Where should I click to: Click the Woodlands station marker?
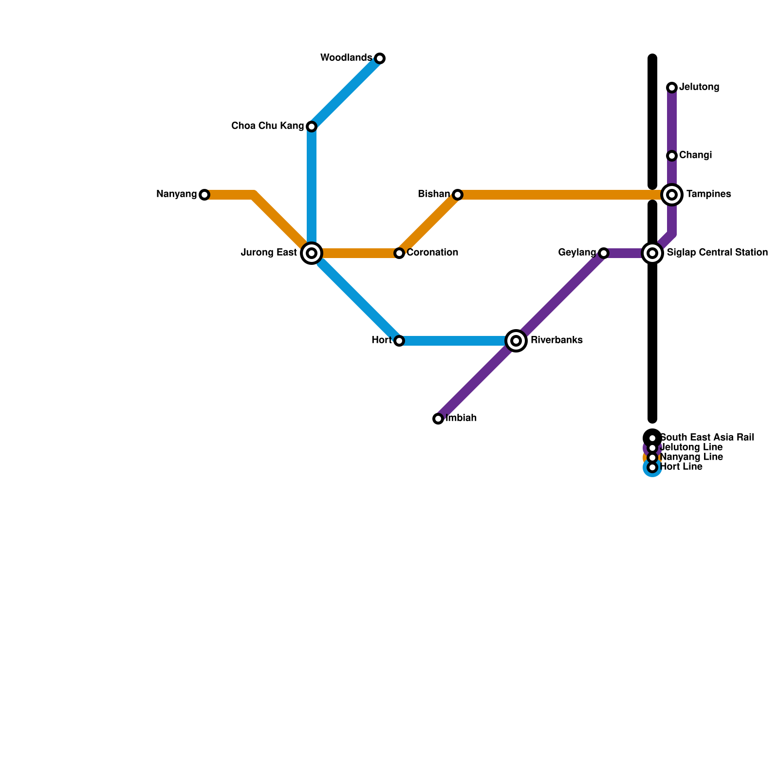pyautogui.click(x=380, y=58)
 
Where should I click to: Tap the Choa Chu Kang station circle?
pyautogui.click(x=312, y=127)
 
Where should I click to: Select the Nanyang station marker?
pyautogui.click(x=204, y=195)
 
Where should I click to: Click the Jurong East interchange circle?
pyautogui.click(x=312, y=253)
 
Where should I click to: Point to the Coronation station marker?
pyautogui.click(x=399, y=253)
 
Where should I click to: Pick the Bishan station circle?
pyautogui.click(x=458, y=195)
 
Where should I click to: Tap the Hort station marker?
pyautogui.click(x=399, y=341)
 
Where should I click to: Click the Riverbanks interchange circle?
pyautogui.click(x=516, y=341)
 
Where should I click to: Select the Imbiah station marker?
pyautogui.click(x=438, y=419)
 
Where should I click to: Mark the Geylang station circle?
pyautogui.click(x=604, y=253)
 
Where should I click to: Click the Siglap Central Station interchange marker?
pyautogui.click(x=652, y=253)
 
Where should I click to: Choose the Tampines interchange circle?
pyautogui.click(x=672, y=195)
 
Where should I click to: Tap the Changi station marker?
pyautogui.click(x=672, y=156)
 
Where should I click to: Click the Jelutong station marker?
pyautogui.click(x=672, y=88)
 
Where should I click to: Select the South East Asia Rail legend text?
pyautogui.click(x=706, y=438)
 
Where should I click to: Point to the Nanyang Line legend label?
pyautogui.click(x=691, y=457)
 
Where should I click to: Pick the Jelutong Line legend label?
pyautogui.click(x=691, y=447)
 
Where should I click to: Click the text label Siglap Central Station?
pyautogui.click(x=717, y=253)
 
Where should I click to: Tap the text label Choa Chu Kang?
pyautogui.click(x=267, y=126)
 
